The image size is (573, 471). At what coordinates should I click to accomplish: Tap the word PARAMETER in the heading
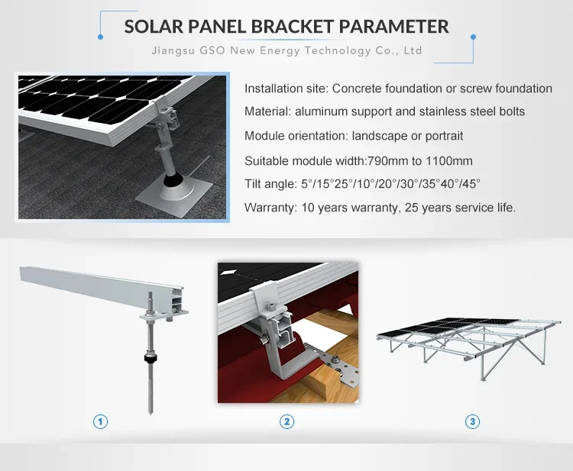394,26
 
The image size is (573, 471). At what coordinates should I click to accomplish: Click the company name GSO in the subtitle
217,51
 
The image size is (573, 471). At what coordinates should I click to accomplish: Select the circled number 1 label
99,421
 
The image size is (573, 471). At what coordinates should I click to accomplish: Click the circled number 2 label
286,421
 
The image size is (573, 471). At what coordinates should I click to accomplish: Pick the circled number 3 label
473,421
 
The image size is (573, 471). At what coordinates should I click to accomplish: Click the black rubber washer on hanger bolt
148,356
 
